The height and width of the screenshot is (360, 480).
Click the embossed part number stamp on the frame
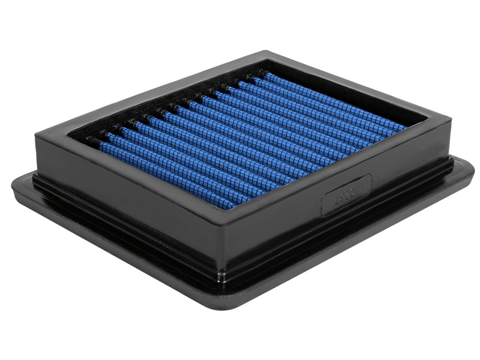[x=347, y=194]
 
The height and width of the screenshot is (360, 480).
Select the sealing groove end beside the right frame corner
[x=450, y=161]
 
